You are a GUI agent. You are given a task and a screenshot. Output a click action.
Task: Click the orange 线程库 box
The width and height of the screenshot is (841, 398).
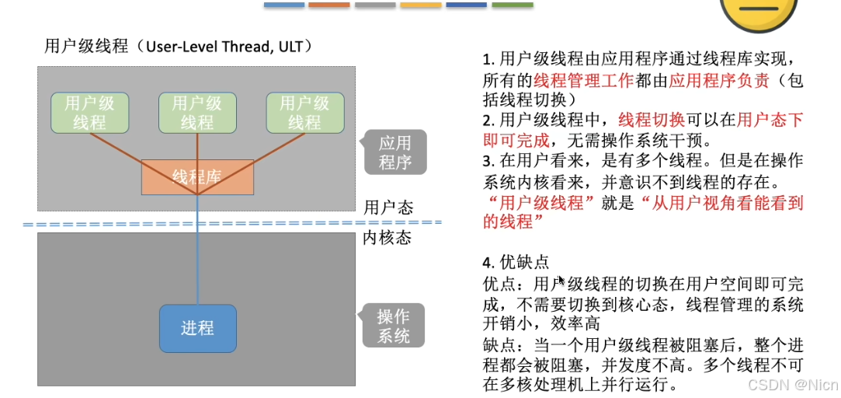pyautogui.click(x=197, y=177)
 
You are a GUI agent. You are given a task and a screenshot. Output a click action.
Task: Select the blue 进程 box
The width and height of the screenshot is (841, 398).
pyautogui.click(x=197, y=328)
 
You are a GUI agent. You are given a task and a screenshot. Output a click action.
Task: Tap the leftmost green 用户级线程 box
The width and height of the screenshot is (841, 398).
pyautogui.click(x=89, y=113)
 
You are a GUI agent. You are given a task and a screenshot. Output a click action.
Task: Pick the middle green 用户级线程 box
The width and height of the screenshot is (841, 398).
pyautogui.click(x=196, y=113)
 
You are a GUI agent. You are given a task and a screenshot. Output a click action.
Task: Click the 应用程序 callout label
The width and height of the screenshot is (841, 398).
pyautogui.click(x=394, y=152)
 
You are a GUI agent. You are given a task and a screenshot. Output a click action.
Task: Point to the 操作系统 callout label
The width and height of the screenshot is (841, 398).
pyautogui.click(x=394, y=326)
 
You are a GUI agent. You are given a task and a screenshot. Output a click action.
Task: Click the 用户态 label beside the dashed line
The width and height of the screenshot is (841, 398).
pyautogui.click(x=388, y=208)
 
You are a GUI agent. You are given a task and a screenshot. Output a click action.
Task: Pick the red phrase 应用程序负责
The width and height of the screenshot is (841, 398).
pyautogui.click(x=719, y=80)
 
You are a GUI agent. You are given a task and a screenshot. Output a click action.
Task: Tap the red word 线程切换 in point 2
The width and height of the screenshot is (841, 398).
pyautogui.click(x=652, y=120)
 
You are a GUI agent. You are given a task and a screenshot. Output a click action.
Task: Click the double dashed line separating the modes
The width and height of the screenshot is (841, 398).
pyautogui.click(x=233, y=223)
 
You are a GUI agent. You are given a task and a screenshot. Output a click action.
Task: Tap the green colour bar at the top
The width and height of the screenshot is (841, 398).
pyautogui.click(x=513, y=5)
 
